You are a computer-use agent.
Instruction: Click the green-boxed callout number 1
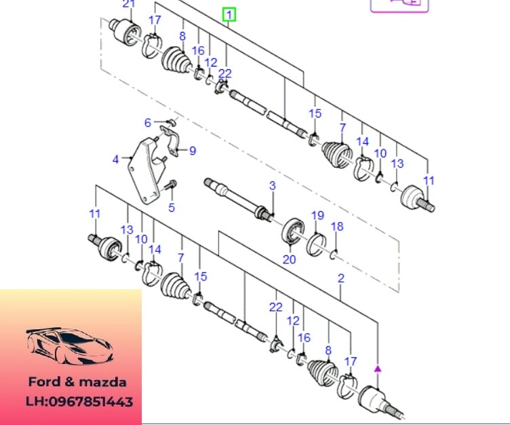231,14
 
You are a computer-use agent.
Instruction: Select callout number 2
340,278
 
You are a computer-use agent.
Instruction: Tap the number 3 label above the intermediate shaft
272,185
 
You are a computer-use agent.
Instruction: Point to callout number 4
116,160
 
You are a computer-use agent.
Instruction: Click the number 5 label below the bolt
172,208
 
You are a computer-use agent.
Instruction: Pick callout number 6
147,123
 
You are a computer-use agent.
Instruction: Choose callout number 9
192,151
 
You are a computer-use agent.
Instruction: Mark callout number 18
337,226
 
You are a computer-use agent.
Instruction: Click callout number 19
317,216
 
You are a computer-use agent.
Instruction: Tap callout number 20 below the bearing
290,259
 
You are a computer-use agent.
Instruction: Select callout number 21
128,5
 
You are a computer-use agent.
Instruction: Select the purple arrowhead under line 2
378,368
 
